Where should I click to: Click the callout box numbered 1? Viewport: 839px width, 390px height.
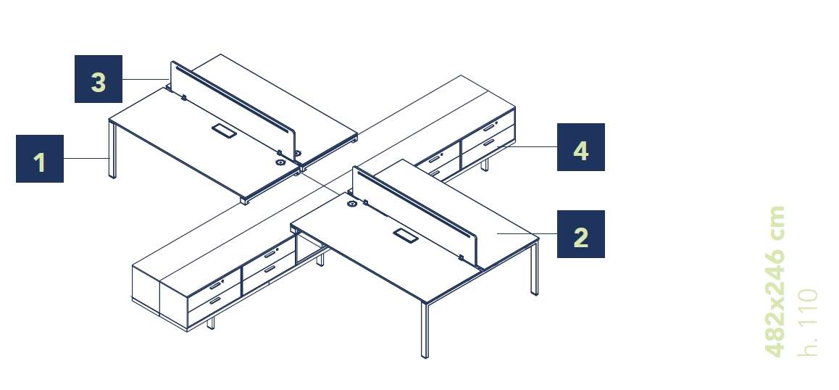pyautogui.click(x=40, y=159)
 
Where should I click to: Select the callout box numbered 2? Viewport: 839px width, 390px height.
pyautogui.click(x=580, y=234)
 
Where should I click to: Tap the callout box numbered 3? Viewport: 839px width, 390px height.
pyautogui.click(x=99, y=79)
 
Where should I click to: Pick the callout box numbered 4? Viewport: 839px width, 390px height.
pyautogui.click(x=580, y=147)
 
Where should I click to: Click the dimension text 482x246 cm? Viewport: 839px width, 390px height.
pyautogui.click(x=775, y=281)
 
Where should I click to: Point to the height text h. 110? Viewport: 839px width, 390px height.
pyautogui.click(x=807, y=323)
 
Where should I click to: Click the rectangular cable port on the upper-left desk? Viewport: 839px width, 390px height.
pyautogui.click(x=224, y=130)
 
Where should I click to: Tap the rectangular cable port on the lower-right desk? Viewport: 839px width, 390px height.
pyautogui.click(x=406, y=235)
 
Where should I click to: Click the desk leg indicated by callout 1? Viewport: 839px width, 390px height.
pyautogui.click(x=112, y=149)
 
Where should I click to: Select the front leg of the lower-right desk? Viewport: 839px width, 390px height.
pyautogui.click(x=425, y=330)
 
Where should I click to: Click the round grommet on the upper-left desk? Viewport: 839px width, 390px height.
pyautogui.click(x=280, y=162)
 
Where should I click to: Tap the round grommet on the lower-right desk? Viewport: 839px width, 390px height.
pyautogui.click(x=352, y=204)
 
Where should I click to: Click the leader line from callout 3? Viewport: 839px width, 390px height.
pyautogui.click(x=146, y=79)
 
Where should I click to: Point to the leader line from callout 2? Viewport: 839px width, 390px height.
pyautogui.click(x=527, y=234)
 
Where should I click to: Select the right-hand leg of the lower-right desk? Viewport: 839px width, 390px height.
pyautogui.click(x=535, y=268)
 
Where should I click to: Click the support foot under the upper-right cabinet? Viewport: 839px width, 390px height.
pyautogui.click(x=485, y=165)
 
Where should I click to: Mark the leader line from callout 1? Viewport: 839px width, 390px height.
pyautogui.click(x=86, y=159)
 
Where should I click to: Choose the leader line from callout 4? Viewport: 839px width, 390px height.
pyautogui.click(x=527, y=146)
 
